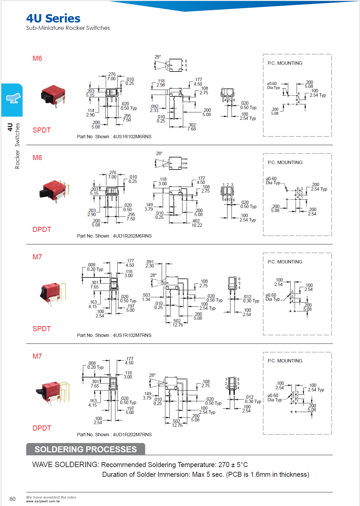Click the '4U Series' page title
click(x=53, y=18)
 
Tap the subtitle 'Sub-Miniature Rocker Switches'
click(x=68, y=28)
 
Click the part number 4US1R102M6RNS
click(x=132, y=137)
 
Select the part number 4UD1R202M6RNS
click(x=132, y=236)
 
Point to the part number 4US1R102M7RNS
click(x=132, y=335)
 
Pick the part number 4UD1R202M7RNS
click(x=132, y=435)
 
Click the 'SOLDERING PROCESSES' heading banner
click(x=86, y=449)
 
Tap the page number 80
click(x=12, y=499)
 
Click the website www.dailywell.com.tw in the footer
click(x=43, y=501)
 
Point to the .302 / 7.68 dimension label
click(x=192, y=127)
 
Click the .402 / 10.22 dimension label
click(x=196, y=223)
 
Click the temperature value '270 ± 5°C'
click(x=233, y=465)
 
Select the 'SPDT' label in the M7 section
click(x=42, y=329)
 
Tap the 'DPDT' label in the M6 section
click(x=42, y=230)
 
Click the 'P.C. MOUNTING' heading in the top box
click(x=285, y=63)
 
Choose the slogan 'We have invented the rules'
click(x=51, y=497)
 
